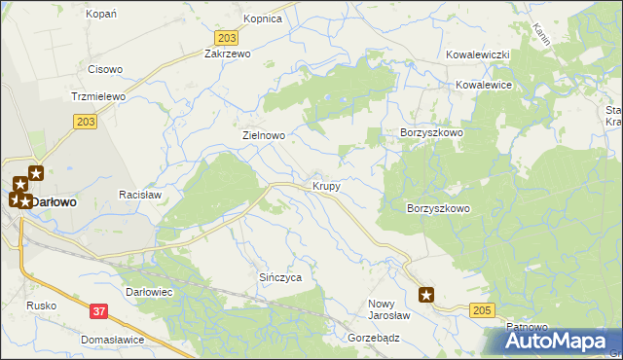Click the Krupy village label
point(326,185)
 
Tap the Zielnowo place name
point(264,136)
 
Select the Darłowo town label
point(57,201)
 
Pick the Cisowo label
point(105,69)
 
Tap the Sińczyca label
point(280,277)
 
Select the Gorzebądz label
point(374,338)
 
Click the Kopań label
point(101,14)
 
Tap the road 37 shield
point(99,310)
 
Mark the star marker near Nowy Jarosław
point(426,294)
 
